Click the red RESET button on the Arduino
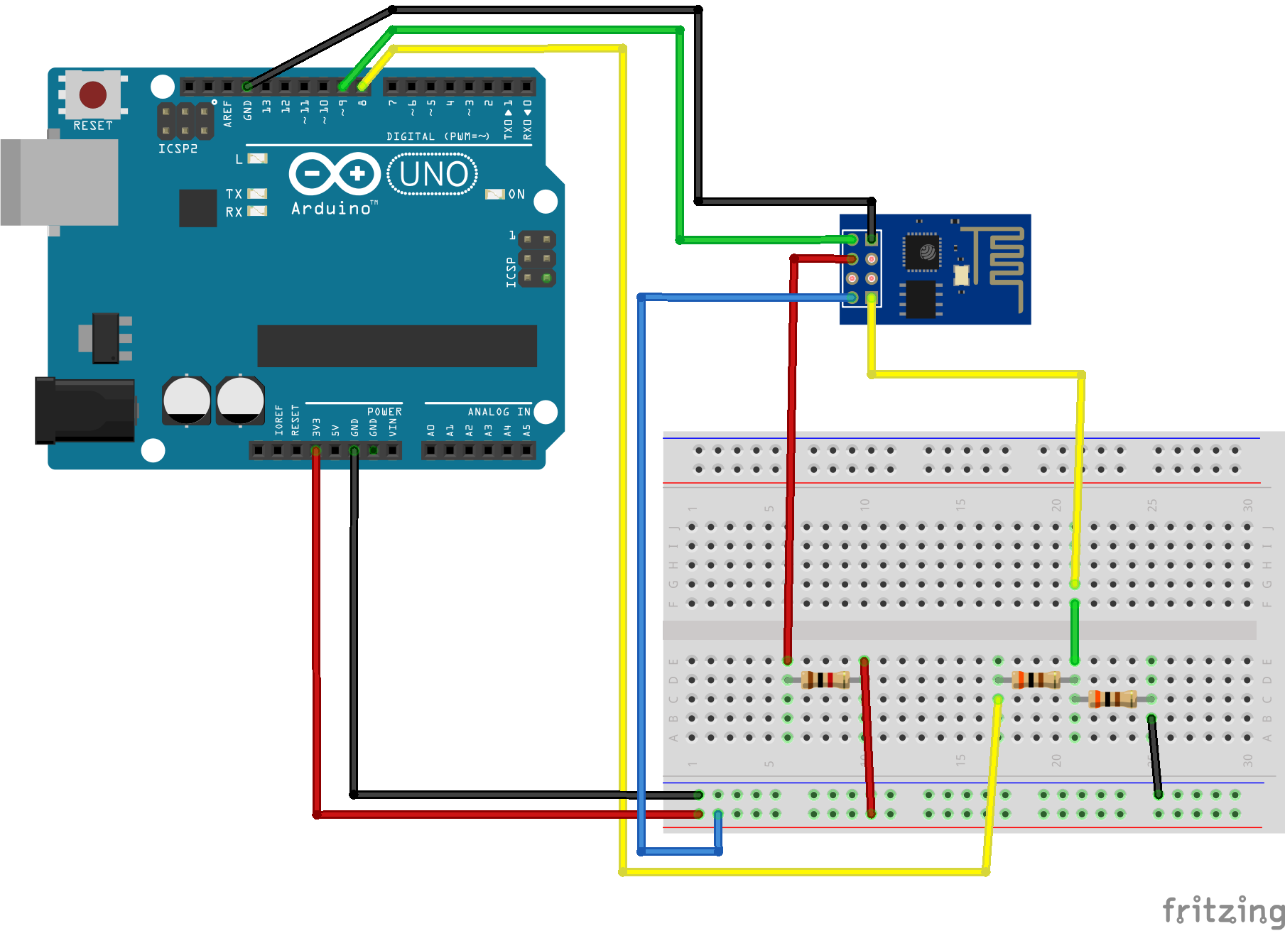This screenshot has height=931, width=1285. (92, 94)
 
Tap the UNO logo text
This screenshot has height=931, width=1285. (433, 174)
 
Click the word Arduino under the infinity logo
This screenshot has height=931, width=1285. (331, 209)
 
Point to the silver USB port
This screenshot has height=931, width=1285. (60, 182)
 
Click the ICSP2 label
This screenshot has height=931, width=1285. (178, 148)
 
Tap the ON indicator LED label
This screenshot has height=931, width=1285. (516, 194)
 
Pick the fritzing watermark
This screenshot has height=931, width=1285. (1222, 910)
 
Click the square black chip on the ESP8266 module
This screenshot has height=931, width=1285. (922, 251)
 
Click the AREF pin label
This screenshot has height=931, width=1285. (228, 114)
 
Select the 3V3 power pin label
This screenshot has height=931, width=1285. (316, 427)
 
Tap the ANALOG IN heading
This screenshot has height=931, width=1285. (499, 412)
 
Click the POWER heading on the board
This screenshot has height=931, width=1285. (384, 412)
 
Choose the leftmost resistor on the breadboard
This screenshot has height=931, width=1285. (825, 680)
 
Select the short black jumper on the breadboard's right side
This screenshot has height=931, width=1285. (1155, 756)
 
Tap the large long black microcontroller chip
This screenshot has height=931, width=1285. (396, 346)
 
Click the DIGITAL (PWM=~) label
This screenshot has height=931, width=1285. (438, 136)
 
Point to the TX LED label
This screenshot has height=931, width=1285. (234, 194)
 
